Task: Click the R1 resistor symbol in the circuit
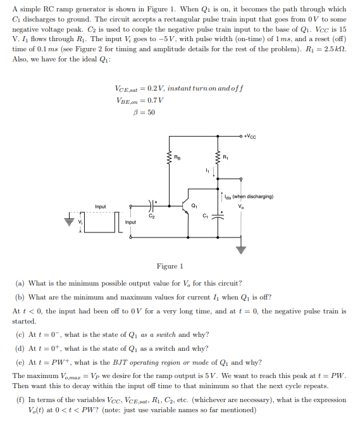(x=219, y=158)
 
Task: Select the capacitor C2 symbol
(x=151, y=205)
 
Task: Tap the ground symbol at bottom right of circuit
(x=240, y=249)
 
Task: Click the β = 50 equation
(x=145, y=113)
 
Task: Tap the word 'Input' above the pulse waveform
(x=100, y=206)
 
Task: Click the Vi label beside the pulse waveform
(x=80, y=222)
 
